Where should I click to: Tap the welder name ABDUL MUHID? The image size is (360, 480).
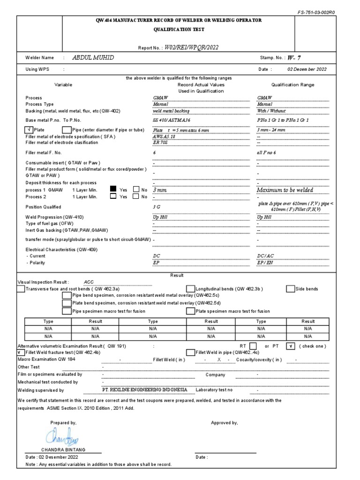coord(93,58)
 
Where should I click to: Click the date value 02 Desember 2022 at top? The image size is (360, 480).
coord(307,69)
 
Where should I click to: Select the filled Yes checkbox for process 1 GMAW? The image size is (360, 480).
coord(113,190)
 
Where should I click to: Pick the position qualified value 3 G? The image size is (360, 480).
coord(157,206)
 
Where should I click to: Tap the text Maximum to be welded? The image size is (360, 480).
coord(285,190)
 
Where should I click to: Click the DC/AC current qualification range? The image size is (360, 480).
coord(266,256)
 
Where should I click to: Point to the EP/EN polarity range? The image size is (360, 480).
coord(265,263)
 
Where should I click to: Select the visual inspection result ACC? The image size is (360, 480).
coord(89,282)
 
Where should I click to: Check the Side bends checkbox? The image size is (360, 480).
coord(290,289)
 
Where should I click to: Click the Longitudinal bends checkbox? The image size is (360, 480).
coord(190,289)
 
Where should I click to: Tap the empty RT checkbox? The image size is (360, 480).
coord(253,346)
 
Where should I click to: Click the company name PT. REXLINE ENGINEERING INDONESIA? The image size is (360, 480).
coord(145,390)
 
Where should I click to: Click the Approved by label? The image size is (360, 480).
coord(224,423)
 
